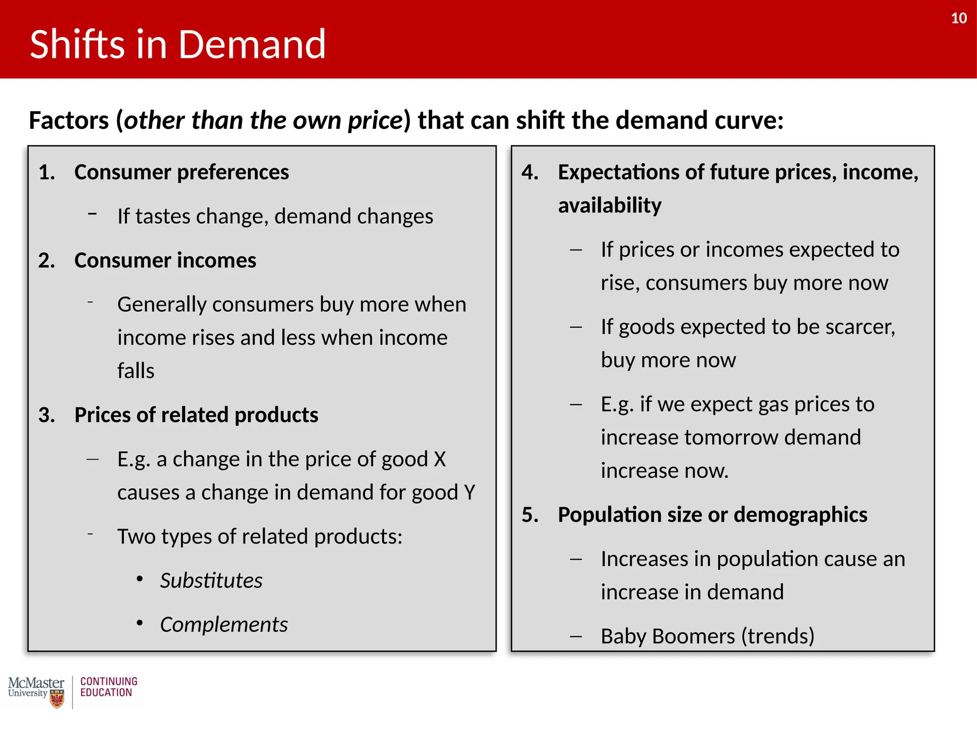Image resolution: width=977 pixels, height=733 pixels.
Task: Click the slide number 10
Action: coord(958,18)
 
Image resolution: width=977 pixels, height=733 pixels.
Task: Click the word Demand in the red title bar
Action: coord(252,44)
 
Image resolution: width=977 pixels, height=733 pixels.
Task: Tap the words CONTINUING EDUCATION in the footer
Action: coord(109,687)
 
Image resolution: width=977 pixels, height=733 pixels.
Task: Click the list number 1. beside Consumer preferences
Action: coord(47,172)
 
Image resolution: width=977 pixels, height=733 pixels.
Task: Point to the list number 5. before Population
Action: coord(530,515)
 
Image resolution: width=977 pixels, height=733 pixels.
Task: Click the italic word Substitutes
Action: coord(211,581)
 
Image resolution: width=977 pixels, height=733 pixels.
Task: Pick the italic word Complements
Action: coord(224,625)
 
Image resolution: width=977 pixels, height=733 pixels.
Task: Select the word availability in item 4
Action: coord(610,206)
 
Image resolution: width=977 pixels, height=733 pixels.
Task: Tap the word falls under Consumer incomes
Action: coord(136,371)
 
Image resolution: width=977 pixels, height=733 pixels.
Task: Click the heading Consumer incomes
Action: coord(165,261)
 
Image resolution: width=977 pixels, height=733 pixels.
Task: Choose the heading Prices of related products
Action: coord(196,415)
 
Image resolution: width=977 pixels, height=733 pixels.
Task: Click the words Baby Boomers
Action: coord(668,636)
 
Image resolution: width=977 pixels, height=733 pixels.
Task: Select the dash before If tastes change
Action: coord(93,214)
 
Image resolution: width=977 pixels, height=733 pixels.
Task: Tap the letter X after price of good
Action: coord(439,459)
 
